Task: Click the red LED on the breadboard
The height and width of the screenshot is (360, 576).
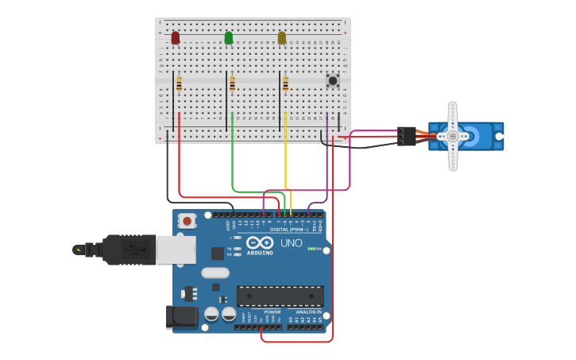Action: pyautogui.click(x=176, y=37)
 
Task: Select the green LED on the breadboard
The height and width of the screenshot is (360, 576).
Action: pyautogui.click(x=229, y=37)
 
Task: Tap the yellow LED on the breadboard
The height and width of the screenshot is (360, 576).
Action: pyautogui.click(x=282, y=37)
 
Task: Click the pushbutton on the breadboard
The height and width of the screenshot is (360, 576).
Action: pyautogui.click(x=333, y=80)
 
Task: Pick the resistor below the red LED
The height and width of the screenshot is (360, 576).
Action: pyautogui.click(x=180, y=83)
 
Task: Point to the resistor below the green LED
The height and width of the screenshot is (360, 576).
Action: pyautogui.click(x=233, y=83)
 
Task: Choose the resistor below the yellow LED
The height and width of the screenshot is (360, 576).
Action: pyautogui.click(x=286, y=83)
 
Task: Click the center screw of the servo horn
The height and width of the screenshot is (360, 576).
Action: pyautogui.click(x=453, y=136)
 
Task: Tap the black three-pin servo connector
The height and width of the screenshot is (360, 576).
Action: pyautogui.click(x=407, y=136)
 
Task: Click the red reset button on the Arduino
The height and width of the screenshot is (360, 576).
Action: pyautogui.click(x=187, y=220)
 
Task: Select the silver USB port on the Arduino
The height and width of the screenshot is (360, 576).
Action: pyautogui.click(x=176, y=250)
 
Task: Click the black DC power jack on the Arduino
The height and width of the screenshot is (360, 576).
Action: pyautogui.click(x=182, y=317)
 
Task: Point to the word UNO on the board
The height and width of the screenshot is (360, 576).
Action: pyautogui.click(x=292, y=243)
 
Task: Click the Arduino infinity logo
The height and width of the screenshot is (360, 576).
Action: pyautogui.click(x=260, y=242)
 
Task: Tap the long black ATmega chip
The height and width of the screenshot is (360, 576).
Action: pyautogui.click(x=280, y=296)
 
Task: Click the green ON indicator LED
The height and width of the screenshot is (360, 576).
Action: pyautogui.click(x=311, y=249)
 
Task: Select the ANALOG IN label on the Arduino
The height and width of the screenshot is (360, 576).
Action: pyautogui.click(x=308, y=312)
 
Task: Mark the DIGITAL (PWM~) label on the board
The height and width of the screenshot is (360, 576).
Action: pyautogui.click(x=289, y=230)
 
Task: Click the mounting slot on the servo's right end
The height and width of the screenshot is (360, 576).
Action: pyautogui.click(x=499, y=136)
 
